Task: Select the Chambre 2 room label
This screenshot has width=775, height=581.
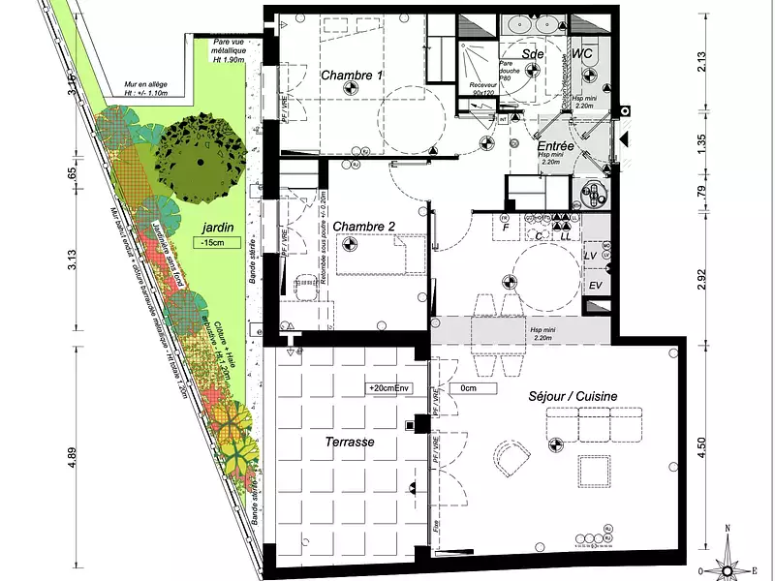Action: click(x=364, y=227)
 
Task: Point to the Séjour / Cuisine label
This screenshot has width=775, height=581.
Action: click(x=573, y=396)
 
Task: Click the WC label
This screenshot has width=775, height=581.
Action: click(x=583, y=54)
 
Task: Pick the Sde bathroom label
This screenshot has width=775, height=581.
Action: click(x=533, y=54)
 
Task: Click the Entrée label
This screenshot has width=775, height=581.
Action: click(x=556, y=146)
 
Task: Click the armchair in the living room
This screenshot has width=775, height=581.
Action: click(x=510, y=459)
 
